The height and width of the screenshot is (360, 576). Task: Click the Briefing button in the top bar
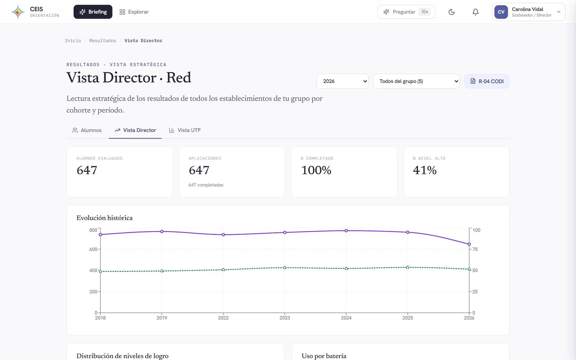point(93,12)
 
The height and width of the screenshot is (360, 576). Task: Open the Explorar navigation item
point(134,12)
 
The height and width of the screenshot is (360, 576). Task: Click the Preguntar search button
point(406,12)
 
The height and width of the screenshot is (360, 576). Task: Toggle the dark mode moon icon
point(451,12)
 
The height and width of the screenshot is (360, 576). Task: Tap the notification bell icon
point(475,12)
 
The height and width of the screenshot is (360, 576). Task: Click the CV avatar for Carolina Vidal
point(501,12)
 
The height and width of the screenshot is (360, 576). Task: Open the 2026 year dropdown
point(342,81)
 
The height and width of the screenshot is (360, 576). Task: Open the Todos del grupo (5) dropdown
point(416,81)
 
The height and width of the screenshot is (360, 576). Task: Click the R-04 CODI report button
point(487,81)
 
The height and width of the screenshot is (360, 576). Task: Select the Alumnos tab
point(87,130)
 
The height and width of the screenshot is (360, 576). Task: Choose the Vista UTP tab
point(185,130)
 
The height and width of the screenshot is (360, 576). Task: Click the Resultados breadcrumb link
point(103,41)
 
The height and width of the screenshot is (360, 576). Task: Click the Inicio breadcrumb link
point(73,41)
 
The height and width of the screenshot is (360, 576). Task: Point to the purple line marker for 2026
point(469,244)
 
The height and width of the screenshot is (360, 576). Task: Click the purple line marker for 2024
point(346,231)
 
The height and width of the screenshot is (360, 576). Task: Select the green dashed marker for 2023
point(285,267)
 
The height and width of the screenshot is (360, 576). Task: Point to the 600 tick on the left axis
point(93,249)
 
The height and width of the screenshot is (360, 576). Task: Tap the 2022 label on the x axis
point(223,318)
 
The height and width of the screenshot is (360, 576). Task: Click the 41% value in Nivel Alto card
point(425,170)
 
